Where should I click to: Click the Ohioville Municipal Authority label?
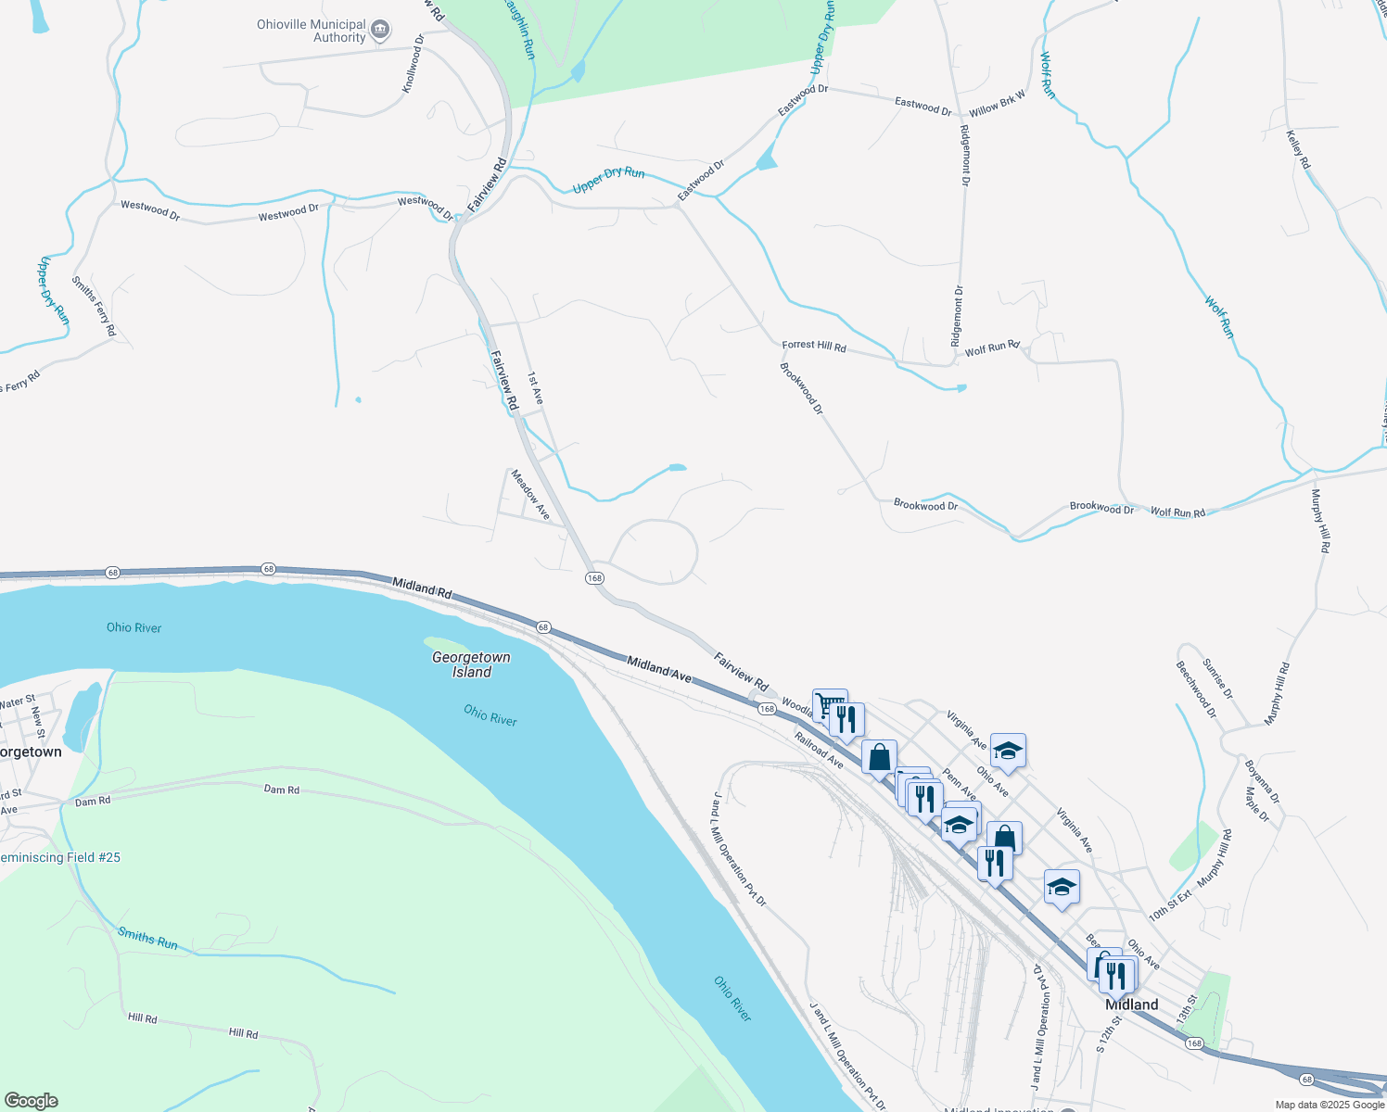point(312,32)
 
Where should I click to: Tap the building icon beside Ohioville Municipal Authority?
point(380,32)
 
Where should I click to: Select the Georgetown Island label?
point(471,664)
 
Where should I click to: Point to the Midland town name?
point(1131,1005)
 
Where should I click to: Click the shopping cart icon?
point(830,705)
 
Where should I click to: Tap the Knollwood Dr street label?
point(413,64)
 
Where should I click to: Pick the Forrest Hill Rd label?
point(814,346)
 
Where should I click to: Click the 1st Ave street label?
point(535,387)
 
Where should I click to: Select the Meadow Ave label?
point(530,495)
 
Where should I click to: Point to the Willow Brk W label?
point(998,102)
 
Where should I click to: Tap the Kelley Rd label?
point(1298,149)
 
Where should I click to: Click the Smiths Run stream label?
point(147,938)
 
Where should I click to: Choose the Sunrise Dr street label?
point(1217,678)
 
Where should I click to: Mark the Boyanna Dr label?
point(1262,781)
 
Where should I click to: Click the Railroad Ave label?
point(819,750)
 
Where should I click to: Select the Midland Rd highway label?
point(421,588)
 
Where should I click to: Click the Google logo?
point(32,1101)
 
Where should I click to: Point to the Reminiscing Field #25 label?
point(60,857)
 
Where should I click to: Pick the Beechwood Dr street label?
point(1195,689)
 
